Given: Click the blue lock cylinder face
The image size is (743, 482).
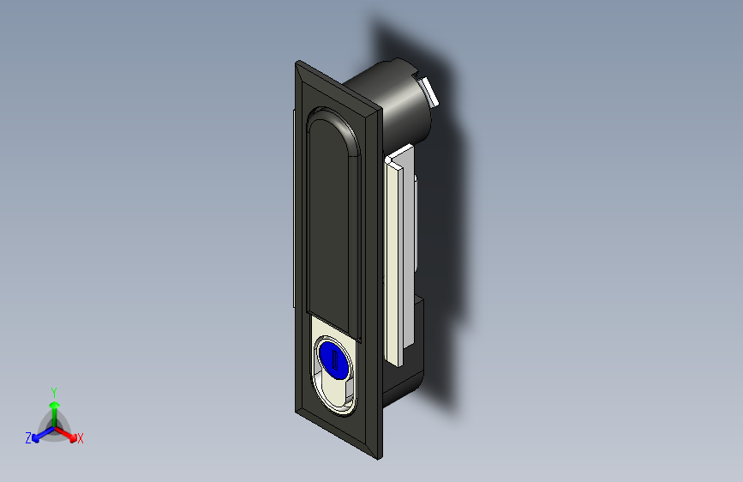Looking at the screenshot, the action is (x=334, y=359).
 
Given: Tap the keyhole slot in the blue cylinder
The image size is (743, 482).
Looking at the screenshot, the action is (x=334, y=359).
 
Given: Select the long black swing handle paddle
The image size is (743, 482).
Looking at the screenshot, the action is (x=333, y=223).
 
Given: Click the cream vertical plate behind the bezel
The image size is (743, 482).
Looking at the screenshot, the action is (x=395, y=261).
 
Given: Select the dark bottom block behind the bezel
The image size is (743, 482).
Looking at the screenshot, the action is (x=404, y=360).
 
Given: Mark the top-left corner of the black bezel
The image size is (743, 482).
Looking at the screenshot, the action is (x=297, y=61).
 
